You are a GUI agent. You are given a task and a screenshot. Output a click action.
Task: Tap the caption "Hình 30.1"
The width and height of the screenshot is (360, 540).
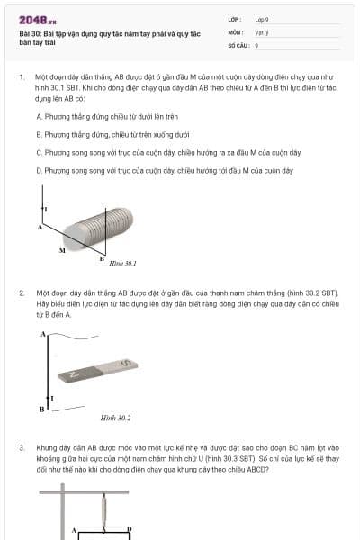click(x=122, y=263)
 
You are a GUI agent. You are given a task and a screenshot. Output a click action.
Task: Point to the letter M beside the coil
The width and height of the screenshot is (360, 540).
click(x=62, y=249)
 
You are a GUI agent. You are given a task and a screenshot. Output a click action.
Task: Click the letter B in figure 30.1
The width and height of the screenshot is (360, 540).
click(x=101, y=257)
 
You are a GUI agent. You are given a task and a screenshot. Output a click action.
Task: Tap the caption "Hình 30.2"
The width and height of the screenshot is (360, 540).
click(x=116, y=418)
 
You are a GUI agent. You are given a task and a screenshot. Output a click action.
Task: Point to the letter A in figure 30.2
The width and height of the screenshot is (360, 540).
click(x=43, y=334)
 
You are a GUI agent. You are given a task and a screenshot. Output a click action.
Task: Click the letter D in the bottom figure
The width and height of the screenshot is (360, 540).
click(x=130, y=528)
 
